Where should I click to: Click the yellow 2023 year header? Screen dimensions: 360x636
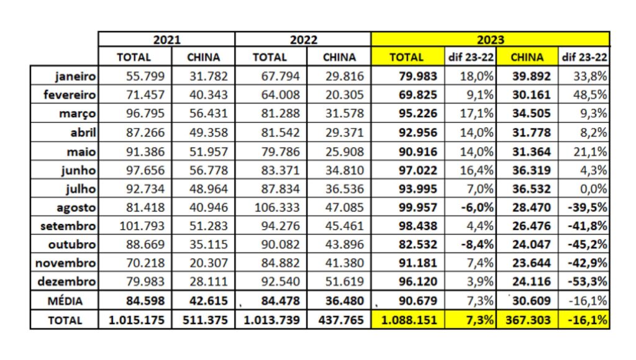(x=490, y=39)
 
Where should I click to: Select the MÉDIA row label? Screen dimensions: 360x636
(x=65, y=301)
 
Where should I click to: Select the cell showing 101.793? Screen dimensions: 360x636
(x=134, y=227)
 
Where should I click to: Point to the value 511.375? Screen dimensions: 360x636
(x=203, y=320)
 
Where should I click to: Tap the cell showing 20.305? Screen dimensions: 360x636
(x=339, y=96)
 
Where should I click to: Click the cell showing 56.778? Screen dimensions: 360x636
(x=203, y=170)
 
